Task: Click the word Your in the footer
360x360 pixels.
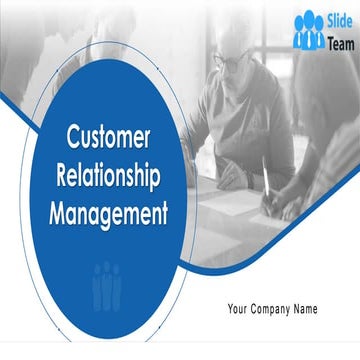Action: coord(241,308)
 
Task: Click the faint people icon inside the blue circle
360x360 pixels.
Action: coord(107,282)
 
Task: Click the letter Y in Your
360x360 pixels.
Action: coord(232,308)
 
